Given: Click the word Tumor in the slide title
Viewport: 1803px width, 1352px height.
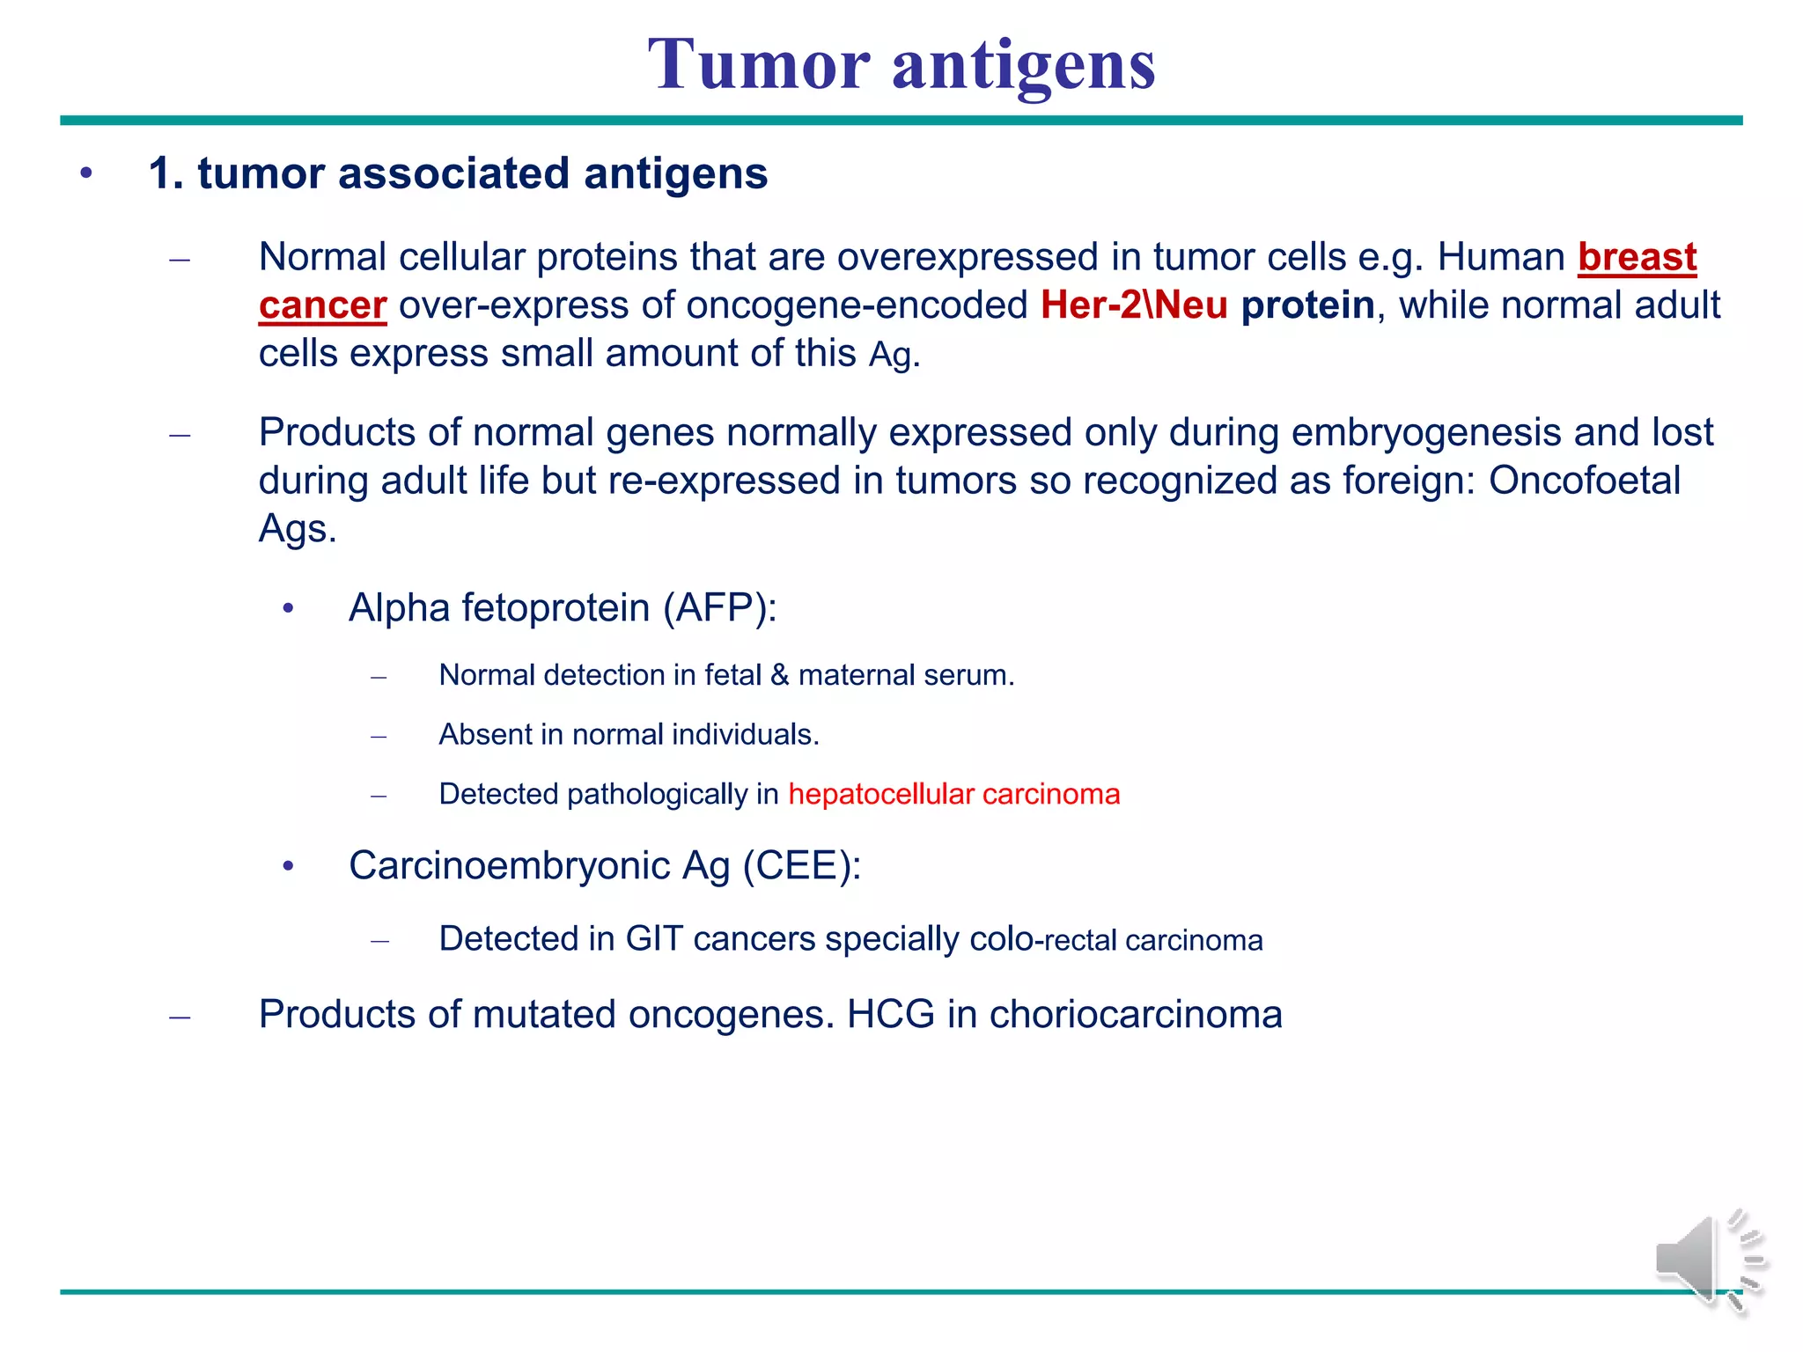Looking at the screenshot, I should click(x=759, y=65).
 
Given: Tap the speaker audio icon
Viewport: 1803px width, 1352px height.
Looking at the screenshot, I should click(x=1709, y=1261).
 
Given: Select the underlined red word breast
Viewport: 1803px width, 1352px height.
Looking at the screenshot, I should click(x=1637, y=258).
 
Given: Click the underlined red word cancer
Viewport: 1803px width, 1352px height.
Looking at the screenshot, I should click(x=322, y=306).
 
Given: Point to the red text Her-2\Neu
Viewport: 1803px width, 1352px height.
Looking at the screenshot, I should click(x=1133, y=306).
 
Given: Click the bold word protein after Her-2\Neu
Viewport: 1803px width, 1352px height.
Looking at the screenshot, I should click(x=1307, y=306).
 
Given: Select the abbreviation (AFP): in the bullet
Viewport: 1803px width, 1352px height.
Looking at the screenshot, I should click(x=720, y=608).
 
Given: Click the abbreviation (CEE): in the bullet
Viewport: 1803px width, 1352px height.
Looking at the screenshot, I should click(x=801, y=866).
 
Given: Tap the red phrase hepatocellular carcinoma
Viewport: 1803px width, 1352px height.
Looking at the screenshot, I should click(x=953, y=795).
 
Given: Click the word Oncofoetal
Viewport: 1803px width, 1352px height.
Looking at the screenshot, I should click(x=1584, y=481).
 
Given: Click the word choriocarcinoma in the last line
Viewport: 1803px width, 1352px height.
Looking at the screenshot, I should click(x=1135, y=1015).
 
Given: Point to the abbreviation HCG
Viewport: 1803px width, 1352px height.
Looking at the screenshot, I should click(x=890, y=1015).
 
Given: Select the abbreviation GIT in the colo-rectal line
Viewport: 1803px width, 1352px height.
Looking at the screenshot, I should click(x=653, y=939).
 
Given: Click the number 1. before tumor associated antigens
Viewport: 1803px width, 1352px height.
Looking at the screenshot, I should click(x=166, y=173).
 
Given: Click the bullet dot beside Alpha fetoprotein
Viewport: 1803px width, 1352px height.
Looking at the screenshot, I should click(x=288, y=609).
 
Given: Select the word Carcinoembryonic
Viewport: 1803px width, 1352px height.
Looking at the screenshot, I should click(x=509, y=866).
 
